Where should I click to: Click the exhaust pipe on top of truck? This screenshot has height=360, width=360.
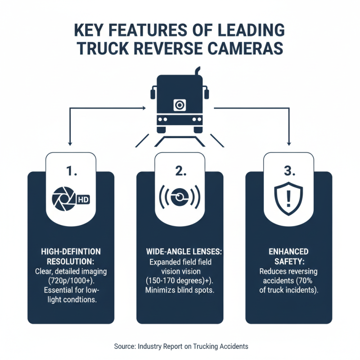point(197,72)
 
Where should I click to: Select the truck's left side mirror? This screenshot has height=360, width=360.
point(152,94)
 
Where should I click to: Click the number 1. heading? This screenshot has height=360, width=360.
point(71,171)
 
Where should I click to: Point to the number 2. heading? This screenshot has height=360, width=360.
point(180,171)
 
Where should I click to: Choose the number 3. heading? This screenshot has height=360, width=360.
point(288,171)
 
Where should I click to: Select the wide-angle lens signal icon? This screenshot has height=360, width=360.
point(180,197)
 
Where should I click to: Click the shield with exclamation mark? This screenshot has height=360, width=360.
point(288,196)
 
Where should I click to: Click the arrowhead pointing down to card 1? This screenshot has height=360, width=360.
point(71,144)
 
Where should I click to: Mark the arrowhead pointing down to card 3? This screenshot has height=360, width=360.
point(288,144)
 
